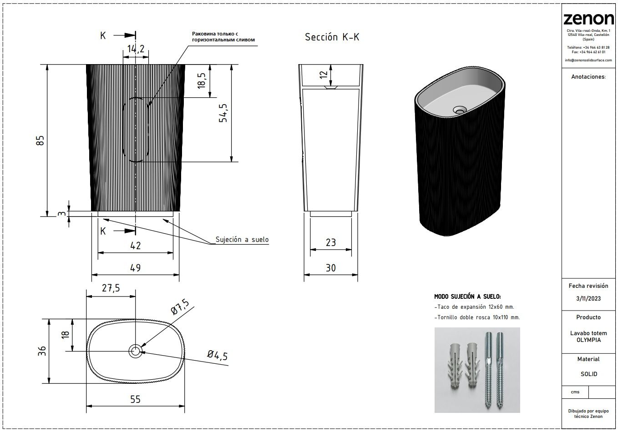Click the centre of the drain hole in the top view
tap(136, 351)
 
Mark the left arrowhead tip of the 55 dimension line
tap(86, 406)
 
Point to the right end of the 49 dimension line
tap(179, 275)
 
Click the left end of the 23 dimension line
tap(310, 250)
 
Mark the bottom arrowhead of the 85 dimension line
tap(47, 216)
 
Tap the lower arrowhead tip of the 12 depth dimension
tap(331, 86)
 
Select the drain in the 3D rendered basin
tap(459, 110)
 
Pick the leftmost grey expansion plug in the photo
tap(454, 365)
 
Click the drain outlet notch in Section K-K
tap(331, 87)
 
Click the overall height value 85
tap(41, 141)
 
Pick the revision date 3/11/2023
tap(588, 299)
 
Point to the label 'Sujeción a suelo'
tap(242, 240)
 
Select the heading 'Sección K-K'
tap(332, 37)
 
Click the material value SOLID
tap(589, 374)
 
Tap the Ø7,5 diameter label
tap(180, 307)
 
